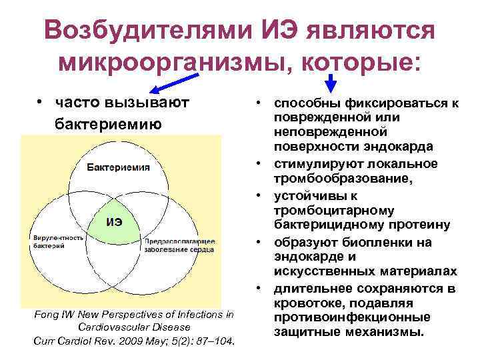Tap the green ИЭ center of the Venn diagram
click(114, 222)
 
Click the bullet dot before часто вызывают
click(41, 103)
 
